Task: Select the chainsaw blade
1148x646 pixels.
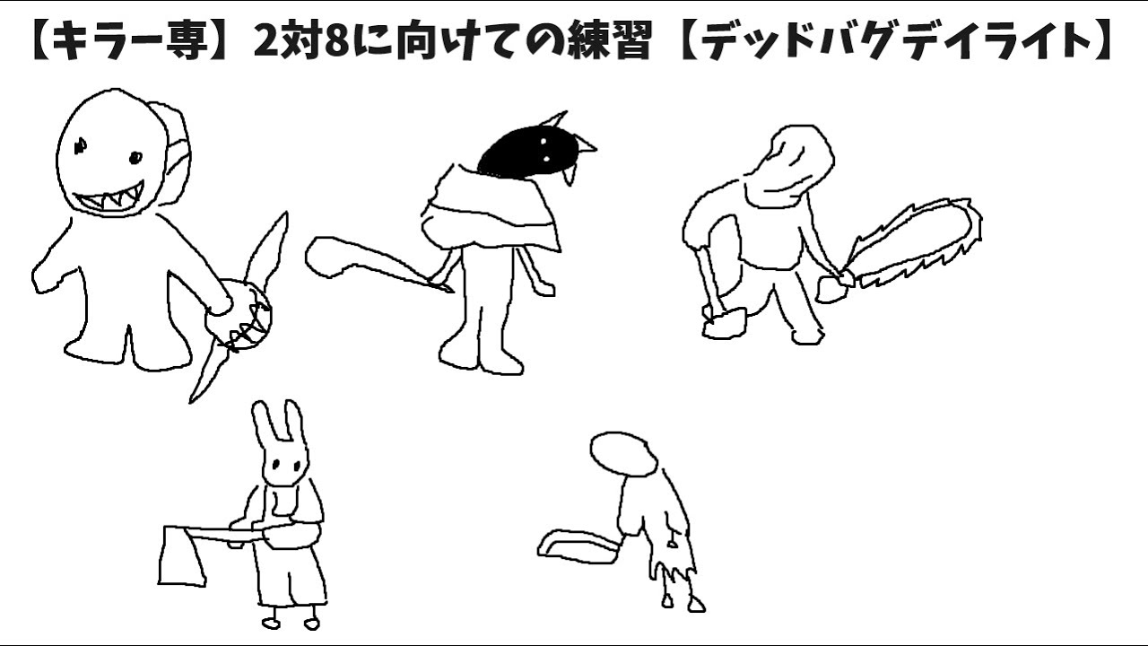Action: click(x=915, y=242)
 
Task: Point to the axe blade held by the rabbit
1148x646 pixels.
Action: click(x=182, y=556)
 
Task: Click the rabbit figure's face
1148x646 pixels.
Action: click(x=286, y=464)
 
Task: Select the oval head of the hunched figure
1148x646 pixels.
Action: click(x=623, y=455)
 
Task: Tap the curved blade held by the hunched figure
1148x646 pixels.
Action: click(x=579, y=546)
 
